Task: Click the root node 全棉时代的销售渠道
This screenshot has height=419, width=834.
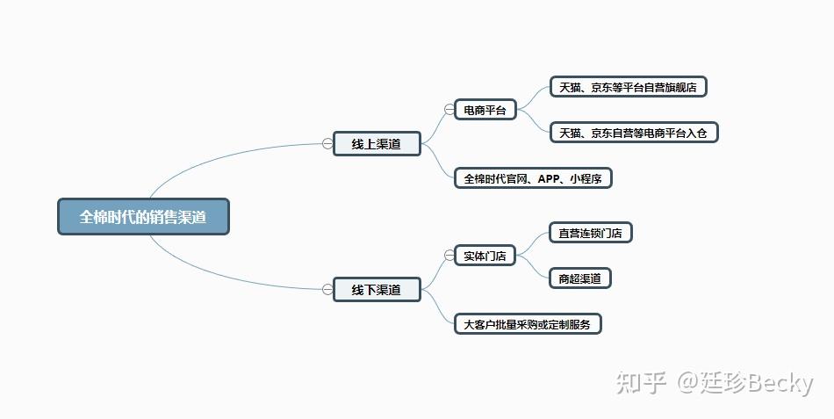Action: [x=143, y=216]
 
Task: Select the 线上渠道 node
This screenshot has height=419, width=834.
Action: [x=377, y=144]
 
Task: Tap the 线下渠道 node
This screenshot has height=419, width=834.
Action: [x=377, y=290]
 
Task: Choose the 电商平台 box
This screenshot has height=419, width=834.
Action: [x=485, y=110]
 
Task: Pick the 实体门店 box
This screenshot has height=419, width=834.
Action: [x=485, y=256]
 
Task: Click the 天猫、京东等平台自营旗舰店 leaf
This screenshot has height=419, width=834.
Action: [x=628, y=87]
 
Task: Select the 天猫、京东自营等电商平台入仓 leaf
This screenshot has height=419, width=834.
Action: [x=633, y=133]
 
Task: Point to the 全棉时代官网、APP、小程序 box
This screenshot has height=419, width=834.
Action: [x=533, y=178]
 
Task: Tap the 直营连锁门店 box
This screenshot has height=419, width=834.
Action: [x=590, y=233]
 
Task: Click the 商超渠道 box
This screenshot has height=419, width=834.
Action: [x=579, y=278]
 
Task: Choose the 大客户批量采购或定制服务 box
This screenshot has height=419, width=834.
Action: [x=528, y=324]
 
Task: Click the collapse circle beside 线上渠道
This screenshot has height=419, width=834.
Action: [x=327, y=143]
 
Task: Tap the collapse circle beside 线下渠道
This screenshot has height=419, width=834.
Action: [x=327, y=289]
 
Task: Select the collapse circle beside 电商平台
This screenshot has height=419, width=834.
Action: [x=449, y=110]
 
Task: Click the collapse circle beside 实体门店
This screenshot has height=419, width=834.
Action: [x=449, y=256]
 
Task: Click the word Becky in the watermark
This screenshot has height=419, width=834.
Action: [x=779, y=383]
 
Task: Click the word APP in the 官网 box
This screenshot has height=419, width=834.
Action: [x=550, y=178]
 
